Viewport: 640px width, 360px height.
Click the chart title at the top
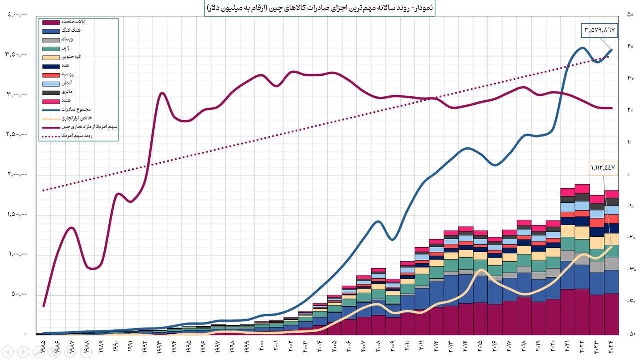(320, 8)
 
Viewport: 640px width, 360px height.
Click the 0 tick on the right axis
(629, 174)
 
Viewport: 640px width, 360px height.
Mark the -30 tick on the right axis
(630, 270)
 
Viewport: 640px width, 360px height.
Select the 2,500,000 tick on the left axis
(16, 135)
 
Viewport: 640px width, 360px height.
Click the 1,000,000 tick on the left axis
(16, 254)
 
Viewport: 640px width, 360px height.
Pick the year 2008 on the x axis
(378, 345)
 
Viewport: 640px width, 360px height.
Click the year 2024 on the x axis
(612, 345)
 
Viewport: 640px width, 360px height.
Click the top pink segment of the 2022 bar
(582, 188)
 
